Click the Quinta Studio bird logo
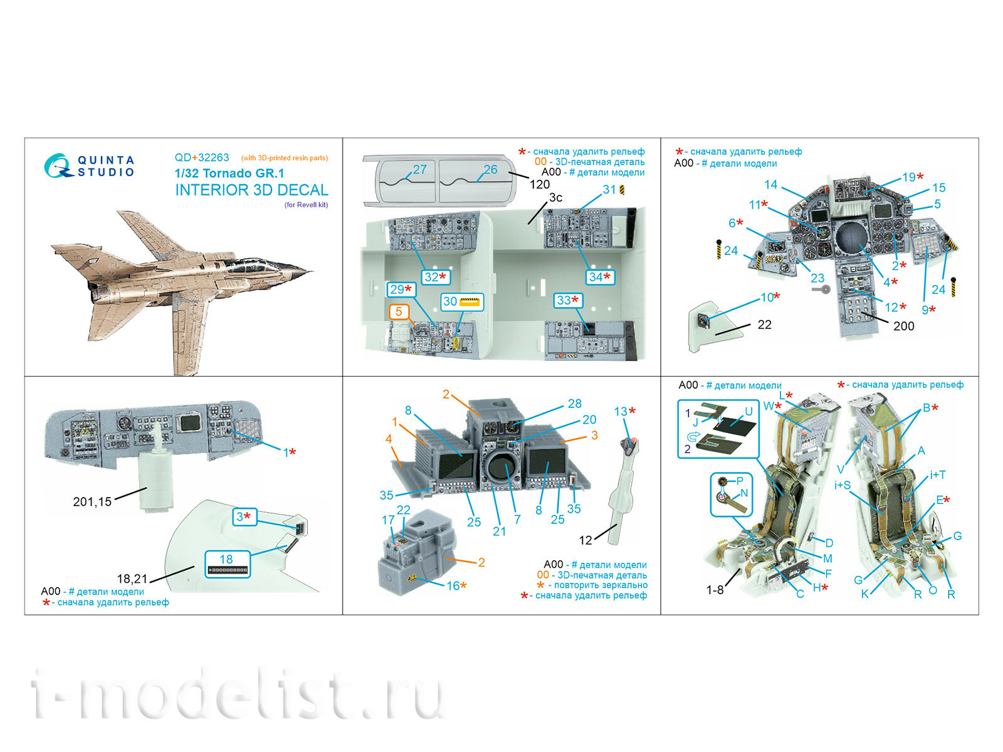(58, 166)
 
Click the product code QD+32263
(202, 158)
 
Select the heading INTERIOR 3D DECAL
(251, 191)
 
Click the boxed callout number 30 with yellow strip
(463, 302)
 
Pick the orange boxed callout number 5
(399, 311)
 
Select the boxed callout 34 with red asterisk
(599, 277)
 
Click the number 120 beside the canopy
(539, 184)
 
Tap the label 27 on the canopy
(419, 170)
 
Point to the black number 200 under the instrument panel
(903, 326)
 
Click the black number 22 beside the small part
(764, 325)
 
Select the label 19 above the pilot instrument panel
(909, 177)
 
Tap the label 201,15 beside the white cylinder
(92, 501)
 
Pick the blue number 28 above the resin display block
(574, 404)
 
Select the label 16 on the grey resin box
(453, 586)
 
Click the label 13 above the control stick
(621, 411)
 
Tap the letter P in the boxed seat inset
(740, 481)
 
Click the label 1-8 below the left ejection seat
(715, 590)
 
